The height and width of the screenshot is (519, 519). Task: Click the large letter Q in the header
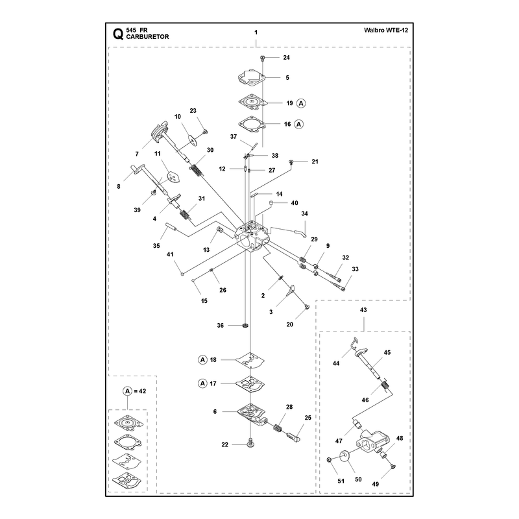[118, 34]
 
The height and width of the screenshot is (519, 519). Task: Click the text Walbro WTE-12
[386, 30]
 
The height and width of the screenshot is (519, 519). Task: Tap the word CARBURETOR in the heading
[148, 37]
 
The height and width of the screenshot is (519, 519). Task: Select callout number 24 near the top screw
[286, 57]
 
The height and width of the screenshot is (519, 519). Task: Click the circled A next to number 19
[301, 103]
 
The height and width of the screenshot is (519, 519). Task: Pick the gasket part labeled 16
[252, 124]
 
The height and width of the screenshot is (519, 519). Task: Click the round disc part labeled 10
[192, 139]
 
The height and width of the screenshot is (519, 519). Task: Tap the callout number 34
[304, 213]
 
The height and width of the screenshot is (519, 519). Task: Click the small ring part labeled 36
[245, 326]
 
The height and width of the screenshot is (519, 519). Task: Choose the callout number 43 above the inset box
[363, 310]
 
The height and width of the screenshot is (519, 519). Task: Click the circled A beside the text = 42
[127, 391]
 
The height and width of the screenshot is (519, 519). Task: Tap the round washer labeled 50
[344, 456]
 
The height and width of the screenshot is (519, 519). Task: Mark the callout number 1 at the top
[256, 32]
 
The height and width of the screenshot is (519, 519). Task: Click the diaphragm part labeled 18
[250, 360]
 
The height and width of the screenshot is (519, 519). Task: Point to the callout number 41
[170, 254]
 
